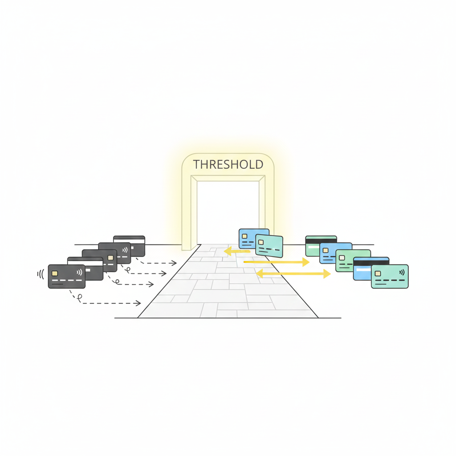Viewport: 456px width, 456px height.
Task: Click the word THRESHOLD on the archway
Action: pos(228,164)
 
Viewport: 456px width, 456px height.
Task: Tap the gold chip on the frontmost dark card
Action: pos(55,273)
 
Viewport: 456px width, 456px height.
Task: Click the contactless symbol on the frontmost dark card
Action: pos(79,271)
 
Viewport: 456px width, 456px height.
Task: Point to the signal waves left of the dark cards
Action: pos(41,274)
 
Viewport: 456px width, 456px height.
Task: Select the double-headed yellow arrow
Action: pos(293,273)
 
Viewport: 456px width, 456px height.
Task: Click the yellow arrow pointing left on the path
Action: pos(236,252)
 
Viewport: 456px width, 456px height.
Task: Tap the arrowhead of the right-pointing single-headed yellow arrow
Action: pos(305,262)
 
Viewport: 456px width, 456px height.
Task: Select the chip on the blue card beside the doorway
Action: pos(244,236)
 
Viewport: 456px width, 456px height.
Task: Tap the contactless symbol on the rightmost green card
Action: pos(402,271)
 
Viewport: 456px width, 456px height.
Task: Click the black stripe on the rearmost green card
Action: pos(321,240)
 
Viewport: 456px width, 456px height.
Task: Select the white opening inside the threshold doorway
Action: pos(228,209)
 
